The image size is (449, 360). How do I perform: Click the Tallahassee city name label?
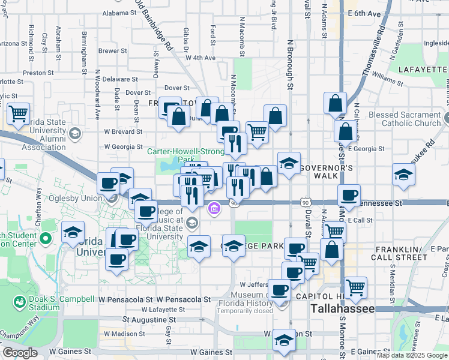(x=343, y=308)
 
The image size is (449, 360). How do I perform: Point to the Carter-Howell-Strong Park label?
(x=186, y=151)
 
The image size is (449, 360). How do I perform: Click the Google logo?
(x=20, y=353)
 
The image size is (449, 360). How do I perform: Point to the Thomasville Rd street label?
(x=373, y=52)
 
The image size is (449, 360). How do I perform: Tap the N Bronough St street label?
(x=289, y=66)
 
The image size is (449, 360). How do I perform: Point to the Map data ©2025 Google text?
(x=412, y=355)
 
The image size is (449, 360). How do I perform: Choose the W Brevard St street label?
(x=123, y=131)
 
